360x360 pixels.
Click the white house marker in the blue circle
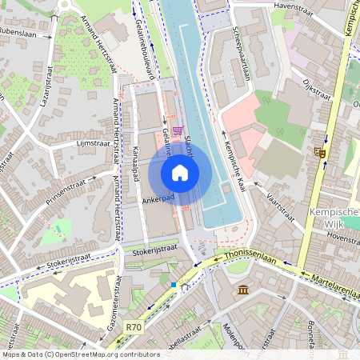point(180,172)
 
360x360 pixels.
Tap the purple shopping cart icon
point(178,130)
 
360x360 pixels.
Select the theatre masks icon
point(321,151)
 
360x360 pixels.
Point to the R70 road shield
point(134,326)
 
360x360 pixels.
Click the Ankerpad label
point(158,200)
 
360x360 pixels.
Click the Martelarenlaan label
point(330,284)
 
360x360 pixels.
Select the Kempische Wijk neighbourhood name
point(332,218)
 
